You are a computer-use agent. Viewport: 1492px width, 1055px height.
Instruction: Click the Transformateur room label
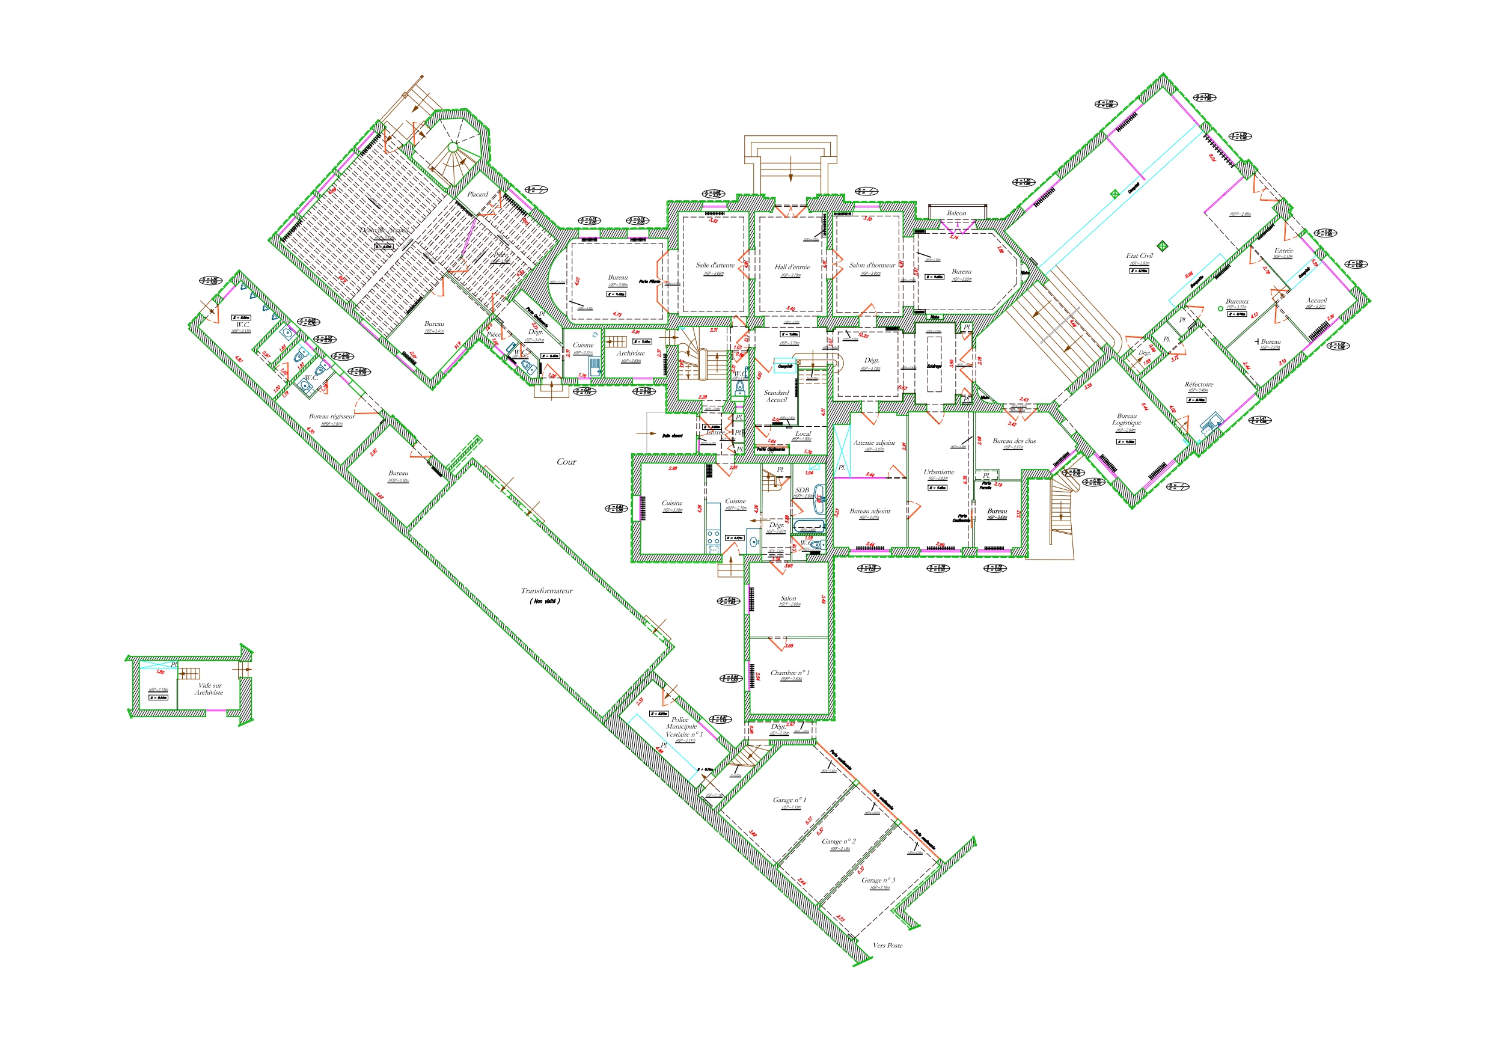[x=546, y=591]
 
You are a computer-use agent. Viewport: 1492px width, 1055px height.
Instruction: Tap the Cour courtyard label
[x=566, y=462]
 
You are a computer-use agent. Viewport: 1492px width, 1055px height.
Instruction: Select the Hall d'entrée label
[x=792, y=266]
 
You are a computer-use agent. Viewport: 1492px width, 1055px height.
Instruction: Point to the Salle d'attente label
[x=715, y=265]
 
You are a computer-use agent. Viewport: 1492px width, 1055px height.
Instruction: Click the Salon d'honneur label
[x=872, y=265]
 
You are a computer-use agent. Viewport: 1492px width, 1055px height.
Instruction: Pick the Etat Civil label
[x=1139, y=255]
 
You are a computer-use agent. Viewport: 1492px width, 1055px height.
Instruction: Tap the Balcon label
[x=956, y=213]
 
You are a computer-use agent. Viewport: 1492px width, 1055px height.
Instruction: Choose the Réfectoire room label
[x=1198, y=384]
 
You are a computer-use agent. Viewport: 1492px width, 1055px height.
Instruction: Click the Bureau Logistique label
[x=1127, y=419]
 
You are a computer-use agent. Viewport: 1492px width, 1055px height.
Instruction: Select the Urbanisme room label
[x=938, y=472]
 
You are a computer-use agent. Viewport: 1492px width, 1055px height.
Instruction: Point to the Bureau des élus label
[x=1014, y=441]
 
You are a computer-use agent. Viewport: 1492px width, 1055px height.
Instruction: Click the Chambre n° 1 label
[x=789, y=673]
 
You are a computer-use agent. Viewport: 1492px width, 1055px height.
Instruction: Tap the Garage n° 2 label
[x=839, y=841]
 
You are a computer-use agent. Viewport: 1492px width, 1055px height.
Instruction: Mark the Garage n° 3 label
[x=878, y=880]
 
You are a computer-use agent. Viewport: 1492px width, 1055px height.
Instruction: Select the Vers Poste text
[x=887, y=946]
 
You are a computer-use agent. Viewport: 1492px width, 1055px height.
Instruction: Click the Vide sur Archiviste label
[x=209, y=689]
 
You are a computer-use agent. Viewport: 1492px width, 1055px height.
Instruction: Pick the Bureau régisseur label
[x=331, y=416]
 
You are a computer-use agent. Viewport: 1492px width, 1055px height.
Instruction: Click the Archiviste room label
[x=631, y=353]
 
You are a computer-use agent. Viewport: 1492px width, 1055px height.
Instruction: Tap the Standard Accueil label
[x=776, y=396]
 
